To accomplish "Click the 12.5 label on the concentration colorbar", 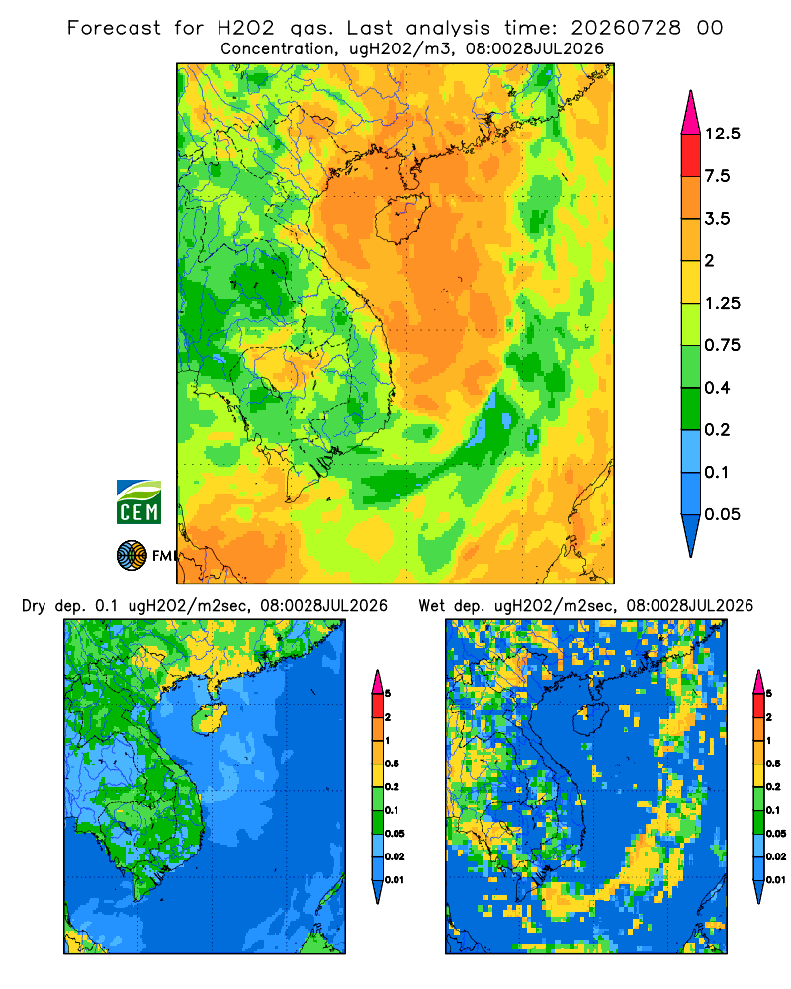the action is coord(722,134).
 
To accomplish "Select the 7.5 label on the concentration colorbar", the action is coord(717,176).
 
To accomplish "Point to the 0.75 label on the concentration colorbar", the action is coord(722,345).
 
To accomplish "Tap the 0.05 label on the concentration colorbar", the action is coord(722,514).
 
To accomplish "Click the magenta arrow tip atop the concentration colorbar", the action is coord(691,112).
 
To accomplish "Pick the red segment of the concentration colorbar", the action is coord(691,155).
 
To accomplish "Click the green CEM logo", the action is coord(138,502).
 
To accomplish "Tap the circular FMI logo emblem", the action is coord(132,555).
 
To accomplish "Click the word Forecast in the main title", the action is coord(114,28).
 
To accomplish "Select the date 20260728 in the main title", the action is coord(626,28).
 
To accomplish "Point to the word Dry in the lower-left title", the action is coord(34,606).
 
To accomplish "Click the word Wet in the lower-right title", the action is coord(431,606).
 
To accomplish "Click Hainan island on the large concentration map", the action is coord(401,218).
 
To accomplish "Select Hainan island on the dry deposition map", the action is coord(207,719).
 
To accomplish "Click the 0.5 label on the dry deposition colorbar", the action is coord(392,764).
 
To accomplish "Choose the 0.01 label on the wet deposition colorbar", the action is coord(776,880).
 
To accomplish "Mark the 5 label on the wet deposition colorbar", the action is coord(769,694).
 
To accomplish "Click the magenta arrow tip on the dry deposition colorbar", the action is coord(377,681).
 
